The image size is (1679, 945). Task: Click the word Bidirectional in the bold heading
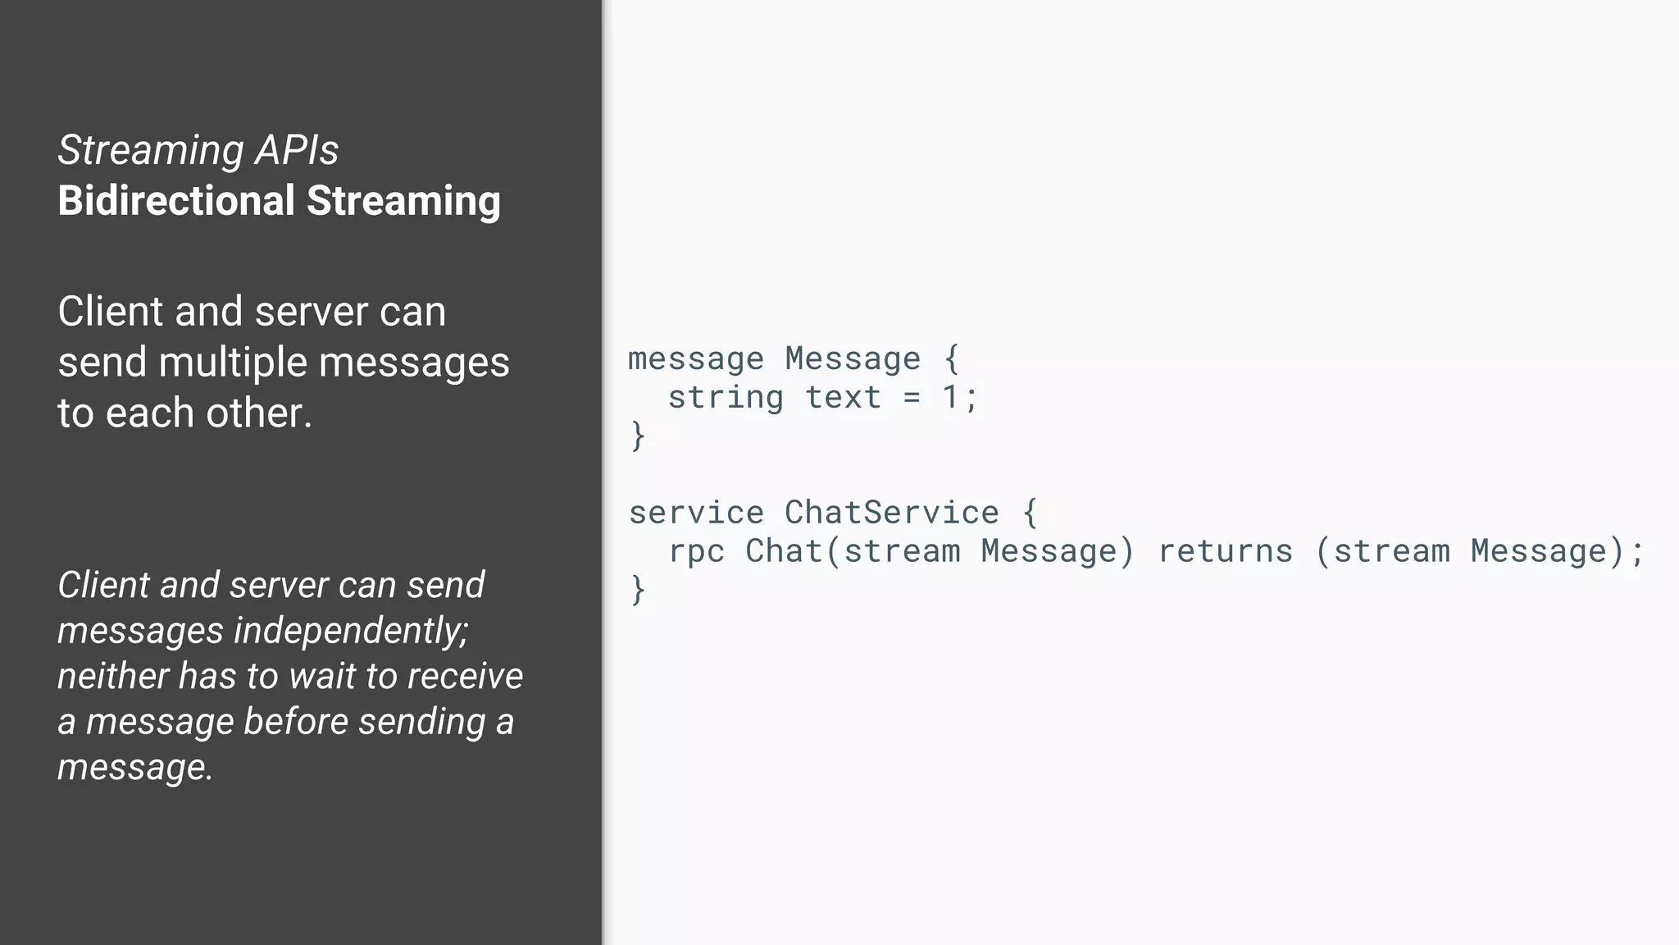176,201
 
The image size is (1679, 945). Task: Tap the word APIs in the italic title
296,150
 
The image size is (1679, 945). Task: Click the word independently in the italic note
351,631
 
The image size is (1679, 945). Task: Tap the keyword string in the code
726,398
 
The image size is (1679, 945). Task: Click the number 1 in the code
950,398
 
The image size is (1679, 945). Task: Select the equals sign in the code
912,398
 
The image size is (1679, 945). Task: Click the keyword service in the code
696,513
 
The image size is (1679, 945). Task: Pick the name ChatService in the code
892,513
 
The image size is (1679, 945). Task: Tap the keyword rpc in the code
696,551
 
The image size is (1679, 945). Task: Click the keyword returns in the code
1225,551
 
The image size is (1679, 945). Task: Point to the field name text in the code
843,398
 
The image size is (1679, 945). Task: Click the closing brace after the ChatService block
638,590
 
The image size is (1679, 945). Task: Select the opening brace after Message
951,359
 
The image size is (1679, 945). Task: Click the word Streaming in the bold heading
403,201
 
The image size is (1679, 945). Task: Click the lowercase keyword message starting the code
696,359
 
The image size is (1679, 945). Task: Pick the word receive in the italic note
465,676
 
